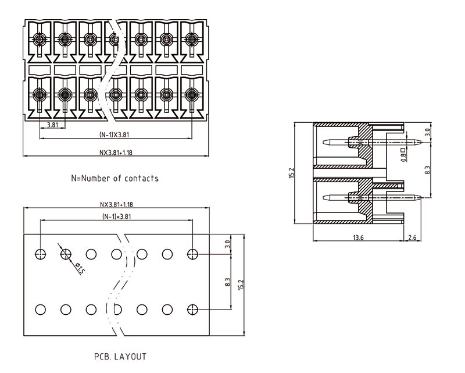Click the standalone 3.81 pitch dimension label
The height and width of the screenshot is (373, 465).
52,125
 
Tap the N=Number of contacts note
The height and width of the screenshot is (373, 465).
115,178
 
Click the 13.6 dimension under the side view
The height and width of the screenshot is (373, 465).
359,237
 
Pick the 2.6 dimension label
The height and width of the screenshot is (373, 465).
412,237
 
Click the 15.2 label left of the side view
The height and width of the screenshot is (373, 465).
292,173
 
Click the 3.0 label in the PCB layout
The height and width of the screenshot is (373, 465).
228,244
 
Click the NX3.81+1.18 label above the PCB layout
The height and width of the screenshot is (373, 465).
116,205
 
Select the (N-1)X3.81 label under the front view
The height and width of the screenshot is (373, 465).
116,135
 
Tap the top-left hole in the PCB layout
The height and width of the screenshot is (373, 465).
40,254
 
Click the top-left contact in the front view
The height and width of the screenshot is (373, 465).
40,40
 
